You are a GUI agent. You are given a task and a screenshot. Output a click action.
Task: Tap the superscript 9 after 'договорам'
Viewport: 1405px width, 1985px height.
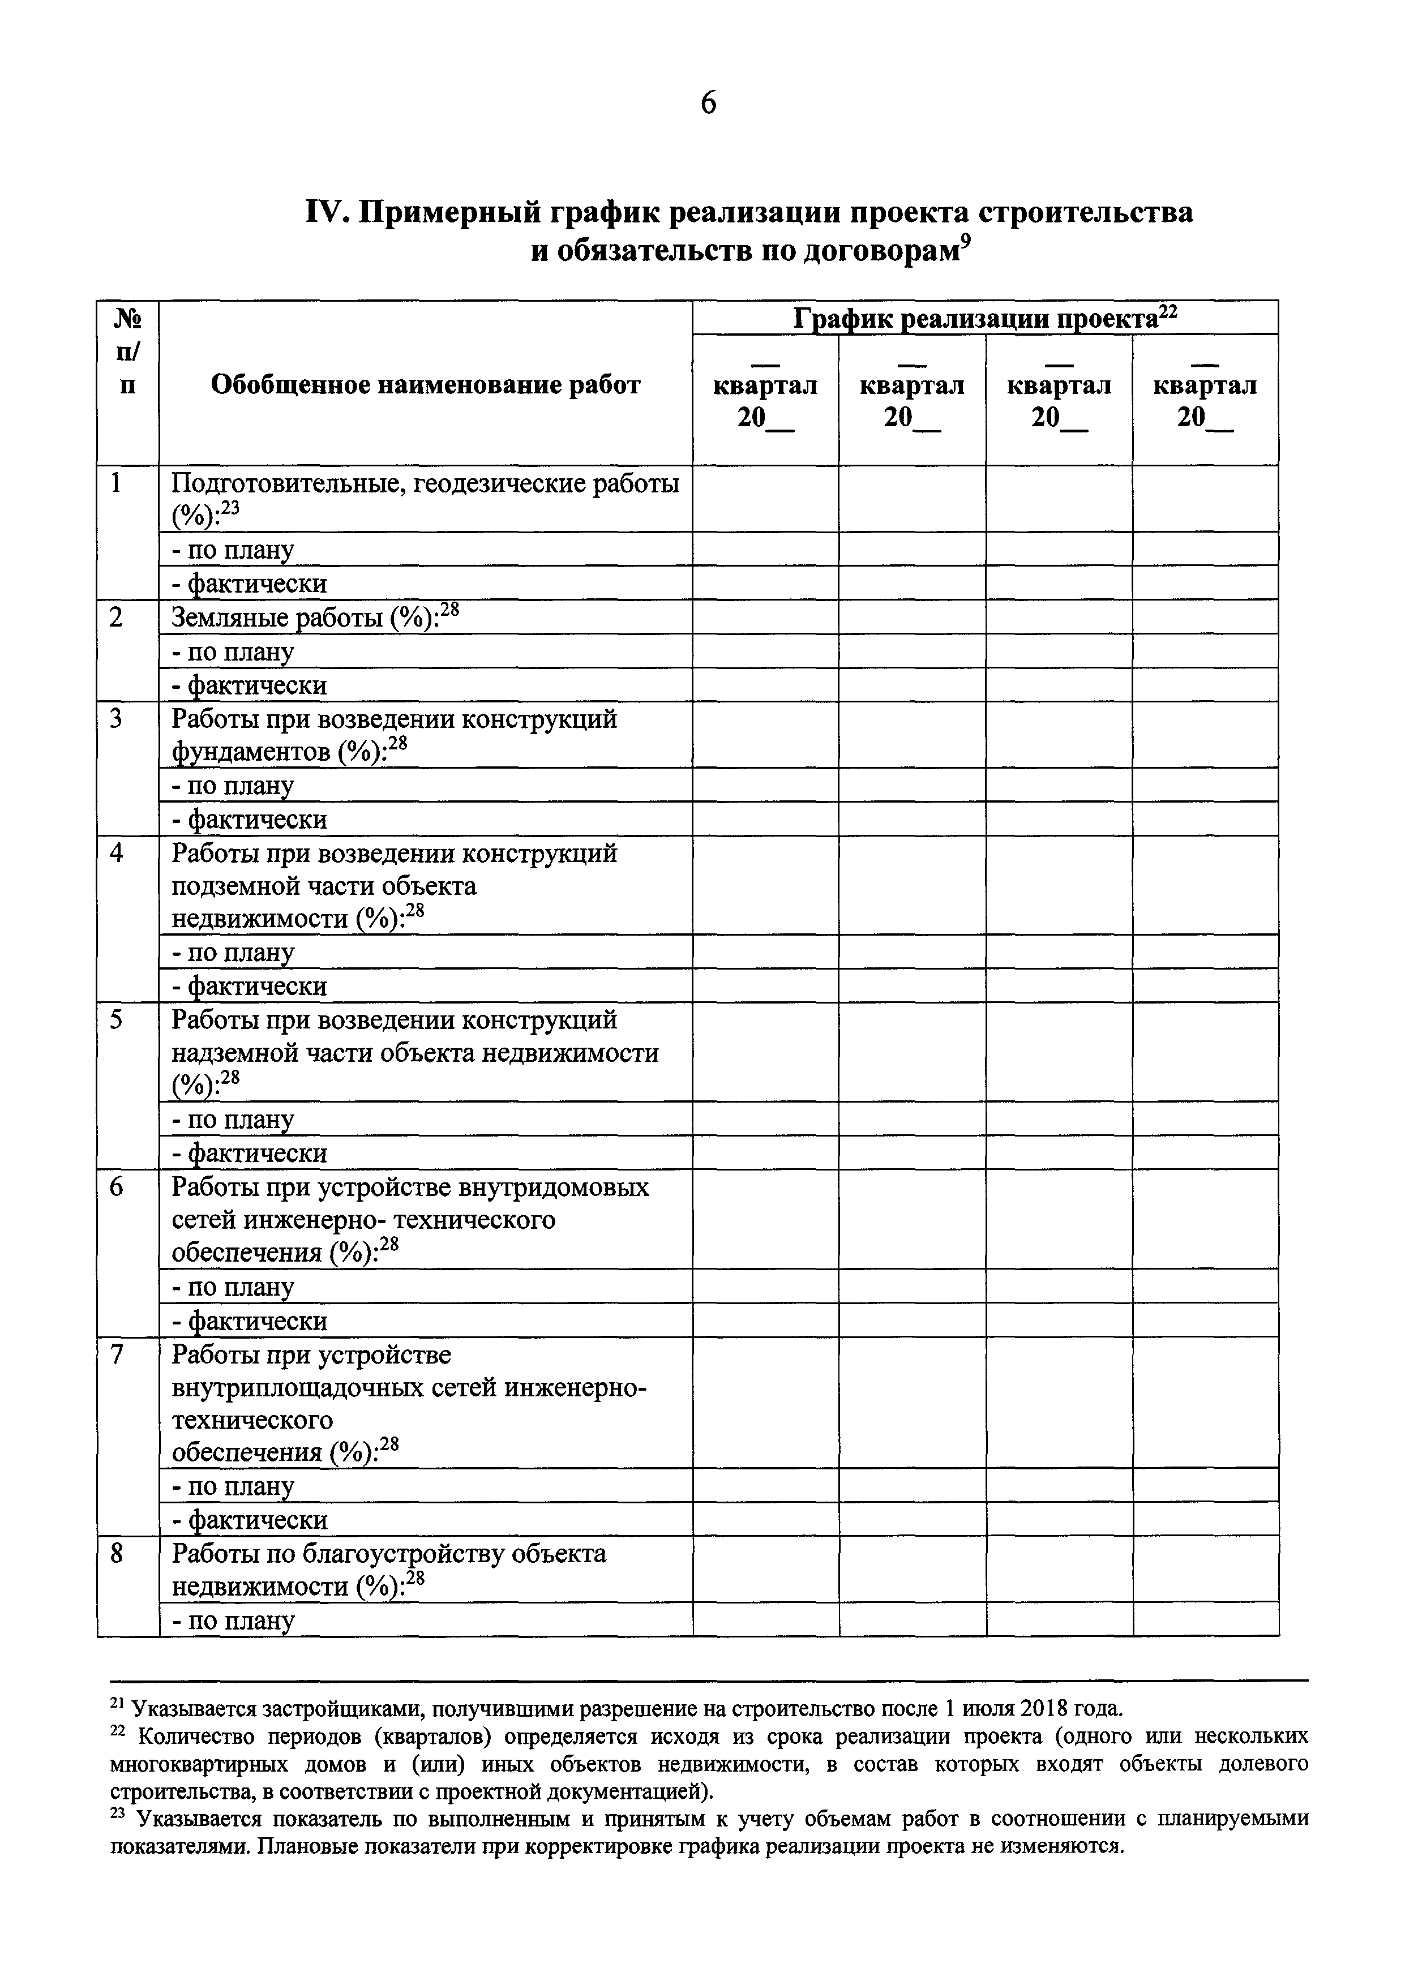coord(967,245)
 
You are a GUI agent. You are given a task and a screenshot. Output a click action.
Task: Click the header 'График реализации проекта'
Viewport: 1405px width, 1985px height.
coord(984,319)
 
